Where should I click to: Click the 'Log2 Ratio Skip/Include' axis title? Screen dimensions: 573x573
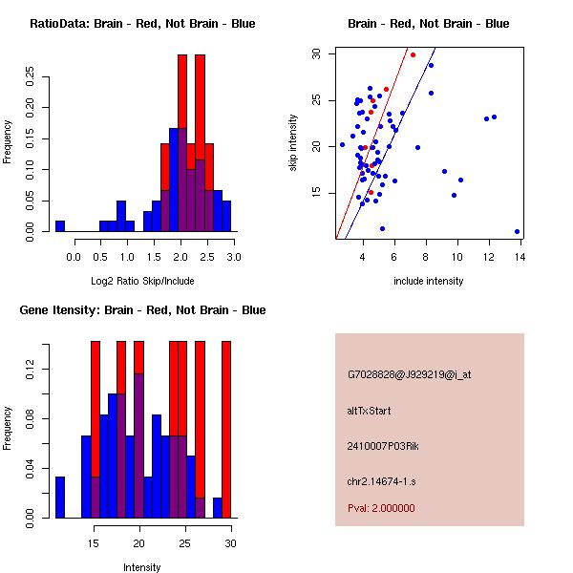pyautogui.click(x=141, y=281)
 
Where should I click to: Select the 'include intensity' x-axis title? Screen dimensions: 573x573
pyautogui.click(x=429, y=281)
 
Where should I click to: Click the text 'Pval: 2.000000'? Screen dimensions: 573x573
pyautogui.click(x=381, y=508)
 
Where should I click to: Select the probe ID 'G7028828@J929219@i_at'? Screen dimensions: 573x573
pyautogui.click(x=409, y=374)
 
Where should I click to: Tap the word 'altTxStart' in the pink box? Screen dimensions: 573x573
pyautogui.click(x=370, y=411)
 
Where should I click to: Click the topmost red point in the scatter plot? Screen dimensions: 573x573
pyautogui.click(x=413, y=54)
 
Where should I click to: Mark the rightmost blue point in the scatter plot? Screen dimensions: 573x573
pyautogui.click(x=517, y=231)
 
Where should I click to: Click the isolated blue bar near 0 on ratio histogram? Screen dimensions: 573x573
pyautogui.click(x=60, y=226)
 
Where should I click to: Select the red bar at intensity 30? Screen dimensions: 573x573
pyautogui.click(x=226, y=430)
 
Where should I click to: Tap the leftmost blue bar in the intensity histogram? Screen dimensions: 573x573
pyautogui.click(x=60, y=498)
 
